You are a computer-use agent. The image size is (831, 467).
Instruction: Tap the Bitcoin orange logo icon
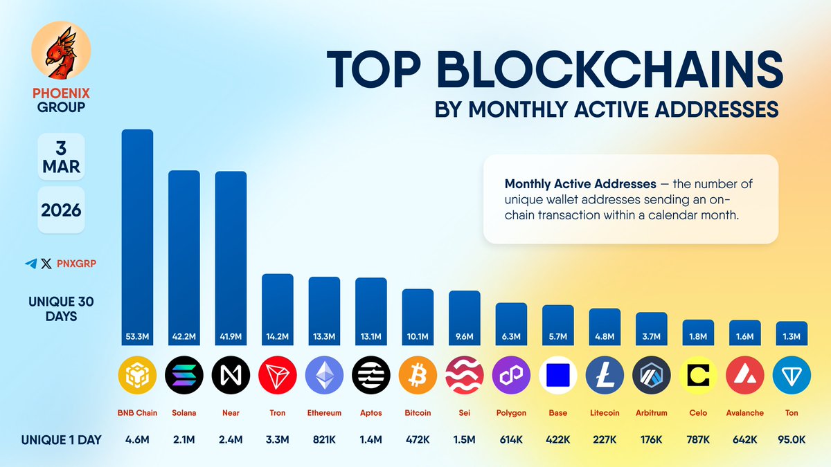418,376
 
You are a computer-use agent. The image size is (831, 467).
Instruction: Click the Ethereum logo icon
324,376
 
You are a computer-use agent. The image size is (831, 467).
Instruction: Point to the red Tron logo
277,376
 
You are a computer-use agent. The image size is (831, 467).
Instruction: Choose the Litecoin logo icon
605,376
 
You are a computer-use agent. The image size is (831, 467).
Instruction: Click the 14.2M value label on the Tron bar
277,336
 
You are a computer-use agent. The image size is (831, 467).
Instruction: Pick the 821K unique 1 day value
324,439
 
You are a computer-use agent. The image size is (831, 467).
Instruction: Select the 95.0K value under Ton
792,439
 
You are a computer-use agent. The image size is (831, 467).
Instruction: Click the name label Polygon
511,413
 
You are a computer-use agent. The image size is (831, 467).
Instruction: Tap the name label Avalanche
744,413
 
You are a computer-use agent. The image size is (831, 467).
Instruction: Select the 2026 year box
61,210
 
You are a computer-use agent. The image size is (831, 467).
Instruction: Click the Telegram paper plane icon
30,264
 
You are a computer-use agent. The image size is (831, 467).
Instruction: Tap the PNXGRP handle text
75,264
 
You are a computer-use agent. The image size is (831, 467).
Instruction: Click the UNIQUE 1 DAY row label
61,439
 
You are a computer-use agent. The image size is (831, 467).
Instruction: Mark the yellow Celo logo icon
698,376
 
